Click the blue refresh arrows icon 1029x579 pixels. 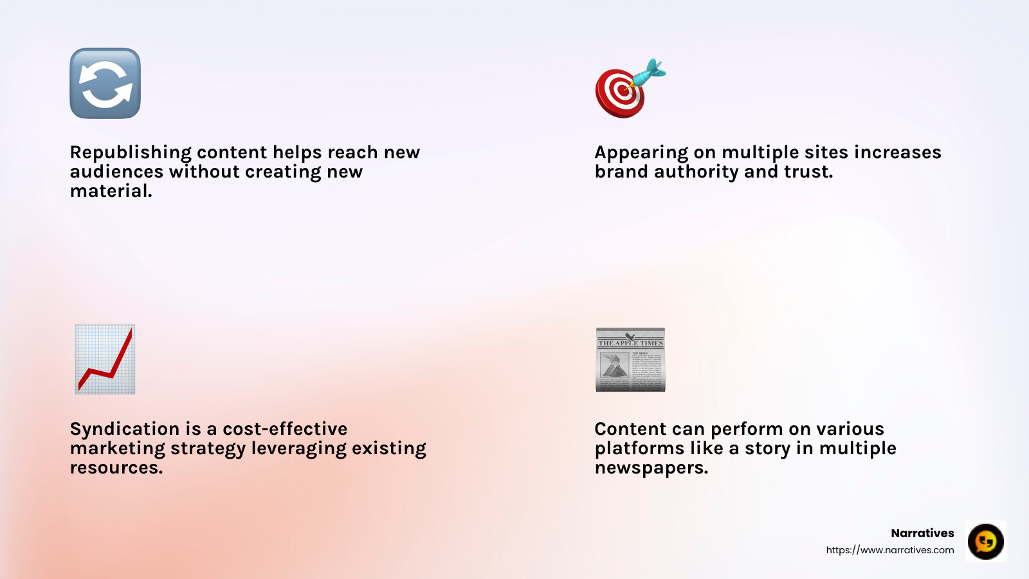[x=105, y=83]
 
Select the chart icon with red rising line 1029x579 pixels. [x=105, y=359]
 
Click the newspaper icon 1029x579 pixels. [x=630, y=360]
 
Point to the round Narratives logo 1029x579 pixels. [x=985, y=541]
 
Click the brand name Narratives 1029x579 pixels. [x=922, y=533]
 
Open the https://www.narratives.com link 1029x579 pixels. [x=889, y=550]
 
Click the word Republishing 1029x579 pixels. [x=131, y=152]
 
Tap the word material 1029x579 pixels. [x=111, y=191]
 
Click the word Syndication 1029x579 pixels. [x=125, y=429]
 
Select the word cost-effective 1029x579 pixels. [x=285, y=429]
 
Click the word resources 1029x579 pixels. [x=116, y=468]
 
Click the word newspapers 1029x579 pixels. [x=651, y=468]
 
